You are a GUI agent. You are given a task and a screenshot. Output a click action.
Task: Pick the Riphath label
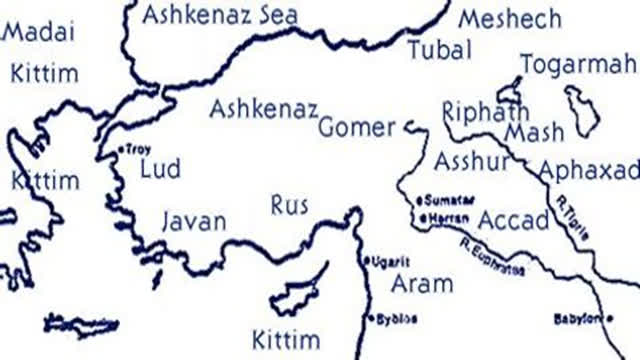(x=485, y=110)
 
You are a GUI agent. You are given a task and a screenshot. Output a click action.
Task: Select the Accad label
(x=512, y=220)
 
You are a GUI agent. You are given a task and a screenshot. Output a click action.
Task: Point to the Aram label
(x=421, y=282)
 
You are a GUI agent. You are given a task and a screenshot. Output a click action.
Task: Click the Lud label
(x=160, y=168)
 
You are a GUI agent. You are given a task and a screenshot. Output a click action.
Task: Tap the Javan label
(x=194, y=221)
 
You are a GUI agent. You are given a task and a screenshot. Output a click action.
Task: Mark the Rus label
(x=290, y=205)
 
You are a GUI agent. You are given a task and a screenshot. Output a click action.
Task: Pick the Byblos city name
(x=397, y=319)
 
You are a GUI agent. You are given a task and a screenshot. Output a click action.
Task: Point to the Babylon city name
(x=579, y=319)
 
